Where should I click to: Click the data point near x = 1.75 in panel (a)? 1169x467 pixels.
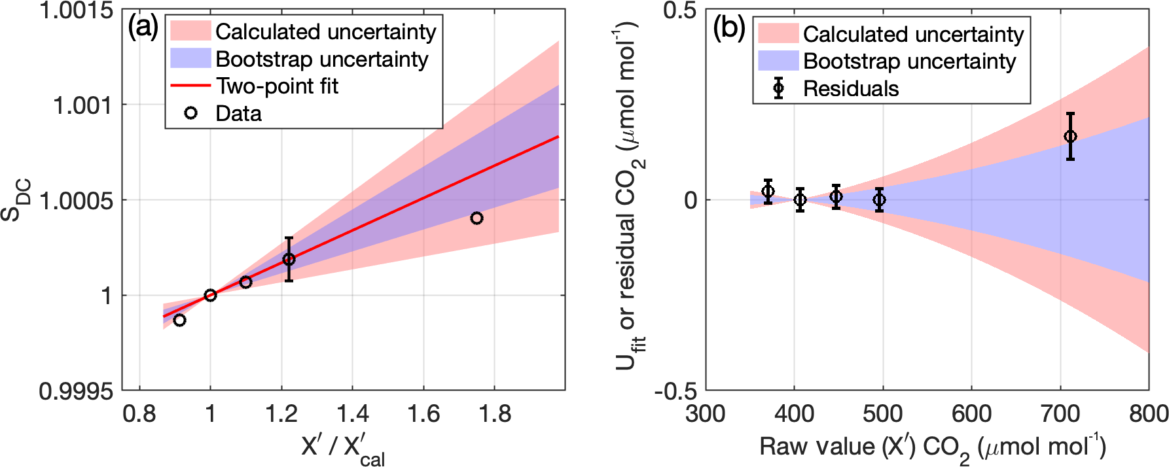click(477, 218)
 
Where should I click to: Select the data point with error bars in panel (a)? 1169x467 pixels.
click(289, 259)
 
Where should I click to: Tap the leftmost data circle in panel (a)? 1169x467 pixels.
click(179, 320)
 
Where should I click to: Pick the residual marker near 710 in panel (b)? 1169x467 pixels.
click(1070, 136)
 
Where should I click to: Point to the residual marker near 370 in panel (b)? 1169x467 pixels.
click(768, 191)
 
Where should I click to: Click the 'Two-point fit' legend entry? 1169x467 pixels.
click(277, 86)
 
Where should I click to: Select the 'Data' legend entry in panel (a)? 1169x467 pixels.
click(238, 113)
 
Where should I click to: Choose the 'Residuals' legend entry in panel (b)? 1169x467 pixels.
click(850, 88)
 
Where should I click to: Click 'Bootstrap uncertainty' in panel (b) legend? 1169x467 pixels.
click(909, 61)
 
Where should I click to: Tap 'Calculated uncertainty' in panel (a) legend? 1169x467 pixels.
click(325, 31)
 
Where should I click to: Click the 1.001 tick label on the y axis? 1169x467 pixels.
click(82, 105)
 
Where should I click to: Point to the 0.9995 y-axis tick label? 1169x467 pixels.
click(76, 391)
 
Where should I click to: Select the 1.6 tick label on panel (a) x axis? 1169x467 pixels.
click(423, 414)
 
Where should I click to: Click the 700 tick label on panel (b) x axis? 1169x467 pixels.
click(1060, 414)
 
